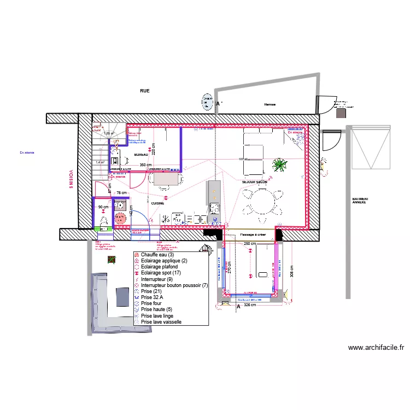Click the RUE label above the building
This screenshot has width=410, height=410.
pos(145,91)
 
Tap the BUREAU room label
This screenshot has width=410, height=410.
pos(141,155)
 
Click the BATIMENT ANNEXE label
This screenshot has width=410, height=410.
pos(360,201)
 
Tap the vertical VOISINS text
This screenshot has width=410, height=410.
pos(71,179)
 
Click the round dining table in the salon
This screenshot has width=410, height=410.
pos(260,200)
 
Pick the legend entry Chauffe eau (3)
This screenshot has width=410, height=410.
pos(157,255)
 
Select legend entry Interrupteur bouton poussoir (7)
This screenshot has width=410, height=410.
pos(174,285)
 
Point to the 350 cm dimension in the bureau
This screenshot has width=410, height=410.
pos(145,165)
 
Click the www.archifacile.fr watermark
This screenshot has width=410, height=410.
pos(376,347)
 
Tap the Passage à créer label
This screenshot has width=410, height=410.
pos(252,235)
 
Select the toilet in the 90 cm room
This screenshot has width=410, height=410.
pos(104,220)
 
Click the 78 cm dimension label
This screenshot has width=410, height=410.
pos(121,192)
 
